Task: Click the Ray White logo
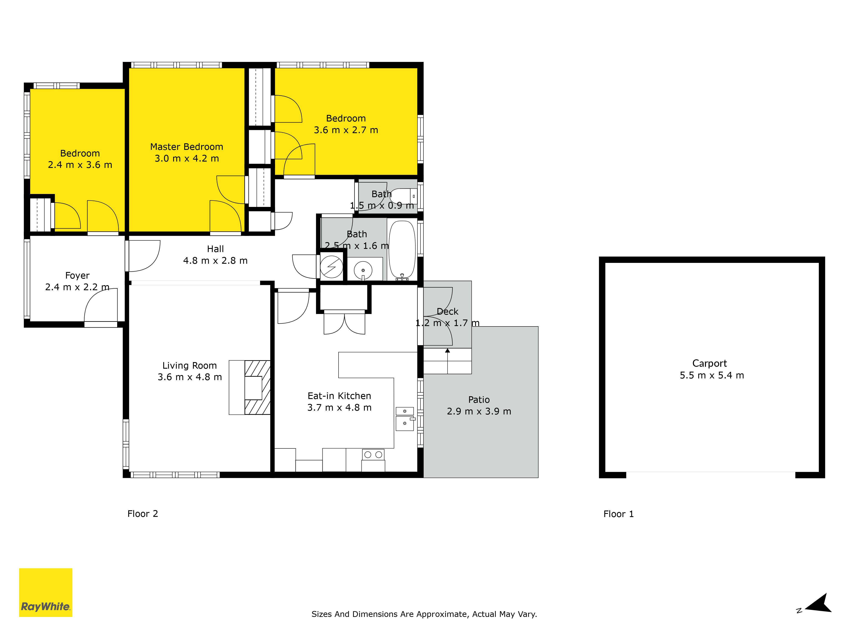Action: coord(46,592)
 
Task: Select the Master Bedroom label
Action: coord(187,147)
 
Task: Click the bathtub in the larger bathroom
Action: coord(402,249)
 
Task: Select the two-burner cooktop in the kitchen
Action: coord(373,455)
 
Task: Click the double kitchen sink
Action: coord(405,419)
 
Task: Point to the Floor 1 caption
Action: coord(618,514)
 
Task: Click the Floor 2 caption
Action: coord(142,514)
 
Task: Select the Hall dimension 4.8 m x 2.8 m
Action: coord(215,261)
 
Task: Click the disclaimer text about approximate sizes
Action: coord(424,614)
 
